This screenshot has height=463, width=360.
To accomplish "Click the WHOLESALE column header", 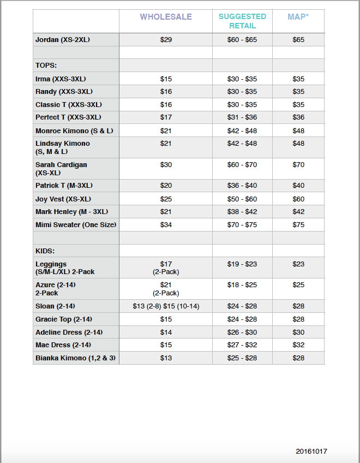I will (x=166, y=17).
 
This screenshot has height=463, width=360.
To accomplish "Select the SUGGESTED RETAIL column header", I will (x=242, y=21).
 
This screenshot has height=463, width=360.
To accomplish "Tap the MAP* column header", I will (x=298, y=17).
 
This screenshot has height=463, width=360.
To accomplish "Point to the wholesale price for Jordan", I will (x=166, y=40).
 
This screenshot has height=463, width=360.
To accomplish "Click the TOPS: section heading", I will (x=46, y=66).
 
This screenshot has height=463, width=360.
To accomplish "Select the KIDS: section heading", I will (x=46, y=251).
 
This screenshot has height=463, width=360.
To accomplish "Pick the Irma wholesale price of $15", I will (x=166, y=79).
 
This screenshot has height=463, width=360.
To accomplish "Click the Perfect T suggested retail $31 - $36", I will (x=242, y=117).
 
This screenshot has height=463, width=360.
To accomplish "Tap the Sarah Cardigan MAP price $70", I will (x=298, y=164).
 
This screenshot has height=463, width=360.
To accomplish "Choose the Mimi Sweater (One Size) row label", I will (x=76, y=225).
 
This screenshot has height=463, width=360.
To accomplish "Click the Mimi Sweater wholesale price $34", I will (x=166, y=225).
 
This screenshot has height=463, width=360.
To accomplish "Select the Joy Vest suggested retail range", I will (x=242, y=199).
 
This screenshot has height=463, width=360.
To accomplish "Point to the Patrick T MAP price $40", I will (x=298, y=186).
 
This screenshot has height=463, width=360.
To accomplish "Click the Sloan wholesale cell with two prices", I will (x=166, y=306).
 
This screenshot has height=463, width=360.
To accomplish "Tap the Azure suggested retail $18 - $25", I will (x=242, y=285).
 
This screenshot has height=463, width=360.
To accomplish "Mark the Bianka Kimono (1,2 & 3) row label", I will (x=76, y=358).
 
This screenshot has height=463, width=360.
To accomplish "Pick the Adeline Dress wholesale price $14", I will (x=166, y=332).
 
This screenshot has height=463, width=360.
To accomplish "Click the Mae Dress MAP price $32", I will (x=298, y=345).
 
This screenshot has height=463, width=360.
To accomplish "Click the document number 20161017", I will (x=311, y=451).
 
